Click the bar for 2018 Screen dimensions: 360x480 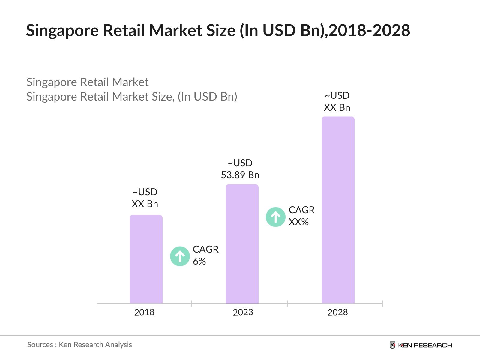[146, 259]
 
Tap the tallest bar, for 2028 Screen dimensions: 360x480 [338, 210]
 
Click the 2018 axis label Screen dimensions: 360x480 [144, 312]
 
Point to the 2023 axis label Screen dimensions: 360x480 [243, 312]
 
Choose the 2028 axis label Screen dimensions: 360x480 [337, 312]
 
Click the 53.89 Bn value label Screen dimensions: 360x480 [240, 175]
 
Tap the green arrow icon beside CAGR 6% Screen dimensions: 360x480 [180, 256]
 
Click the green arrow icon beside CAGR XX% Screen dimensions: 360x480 [275, 217]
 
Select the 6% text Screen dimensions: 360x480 [199, 262]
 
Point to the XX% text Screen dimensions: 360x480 [298, 222]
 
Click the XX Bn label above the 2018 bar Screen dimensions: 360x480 [145, 204]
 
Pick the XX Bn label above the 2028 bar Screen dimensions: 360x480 [337, 107]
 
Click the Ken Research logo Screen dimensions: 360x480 [421, 345]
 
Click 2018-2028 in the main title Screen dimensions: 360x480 [369, 31]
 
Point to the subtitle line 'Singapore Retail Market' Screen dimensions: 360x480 [87, 82]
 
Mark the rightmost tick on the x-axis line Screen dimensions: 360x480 [382, 304]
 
